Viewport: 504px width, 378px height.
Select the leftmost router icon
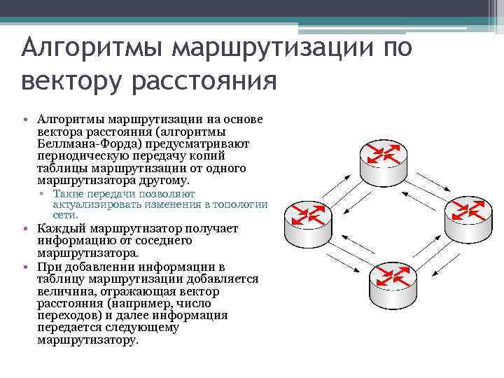(x=300, y=220)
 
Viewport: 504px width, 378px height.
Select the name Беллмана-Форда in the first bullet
(x=85, y=143)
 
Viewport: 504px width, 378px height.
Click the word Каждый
(x=59, y=229)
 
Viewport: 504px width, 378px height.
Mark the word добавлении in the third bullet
(x=87, y=267)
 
